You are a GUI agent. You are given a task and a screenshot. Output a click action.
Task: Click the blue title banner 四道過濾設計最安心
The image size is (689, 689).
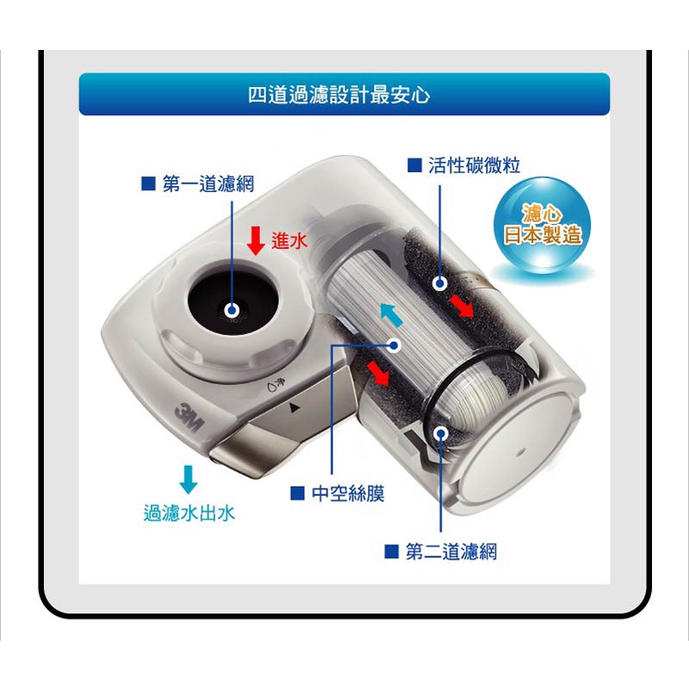(x=344, y=94)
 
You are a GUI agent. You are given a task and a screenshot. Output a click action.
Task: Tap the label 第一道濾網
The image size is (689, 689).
(x=208, y=183)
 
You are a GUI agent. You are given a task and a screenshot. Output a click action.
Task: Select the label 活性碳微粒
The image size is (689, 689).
(x=475, y=165)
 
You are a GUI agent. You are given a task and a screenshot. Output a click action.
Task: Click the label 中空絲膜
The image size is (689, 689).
(x=348, y=493)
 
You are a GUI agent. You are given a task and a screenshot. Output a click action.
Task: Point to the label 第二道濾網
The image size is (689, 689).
(x=451, y=551)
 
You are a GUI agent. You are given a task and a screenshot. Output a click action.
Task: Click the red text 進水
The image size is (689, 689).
(x=289, y=241)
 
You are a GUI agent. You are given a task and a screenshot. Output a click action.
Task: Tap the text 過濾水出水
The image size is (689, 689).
(x=189, y=512)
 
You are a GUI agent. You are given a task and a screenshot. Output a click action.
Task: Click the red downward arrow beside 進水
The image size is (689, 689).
(x=256, y=240)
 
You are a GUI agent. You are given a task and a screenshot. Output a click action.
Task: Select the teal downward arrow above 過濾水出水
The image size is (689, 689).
(x=189, y=480)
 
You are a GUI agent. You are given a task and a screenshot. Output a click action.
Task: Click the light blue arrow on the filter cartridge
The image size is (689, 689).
(x=391, y=314)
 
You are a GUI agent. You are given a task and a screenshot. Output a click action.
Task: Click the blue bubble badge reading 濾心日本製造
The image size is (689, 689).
(x=542, y=226)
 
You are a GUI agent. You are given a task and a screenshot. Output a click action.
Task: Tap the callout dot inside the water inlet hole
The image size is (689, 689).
(x=232, y=311)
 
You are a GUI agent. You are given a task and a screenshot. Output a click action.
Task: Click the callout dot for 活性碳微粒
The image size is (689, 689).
(x=439, y=283)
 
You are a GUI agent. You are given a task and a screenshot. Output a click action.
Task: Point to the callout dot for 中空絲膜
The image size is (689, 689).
(x=394, y=346)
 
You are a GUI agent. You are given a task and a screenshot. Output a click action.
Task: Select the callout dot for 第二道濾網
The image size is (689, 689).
(x=440, y=434)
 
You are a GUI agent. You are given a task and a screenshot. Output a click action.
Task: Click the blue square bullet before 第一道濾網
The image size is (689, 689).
(x=148, y=183)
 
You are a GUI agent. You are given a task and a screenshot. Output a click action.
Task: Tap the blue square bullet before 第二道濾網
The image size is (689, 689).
(x=392, y=551)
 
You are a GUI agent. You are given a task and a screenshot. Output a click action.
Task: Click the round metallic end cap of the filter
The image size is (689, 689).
(x=518, y=449)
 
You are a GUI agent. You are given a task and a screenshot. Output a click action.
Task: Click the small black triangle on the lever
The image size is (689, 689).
(x=295, y=407)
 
